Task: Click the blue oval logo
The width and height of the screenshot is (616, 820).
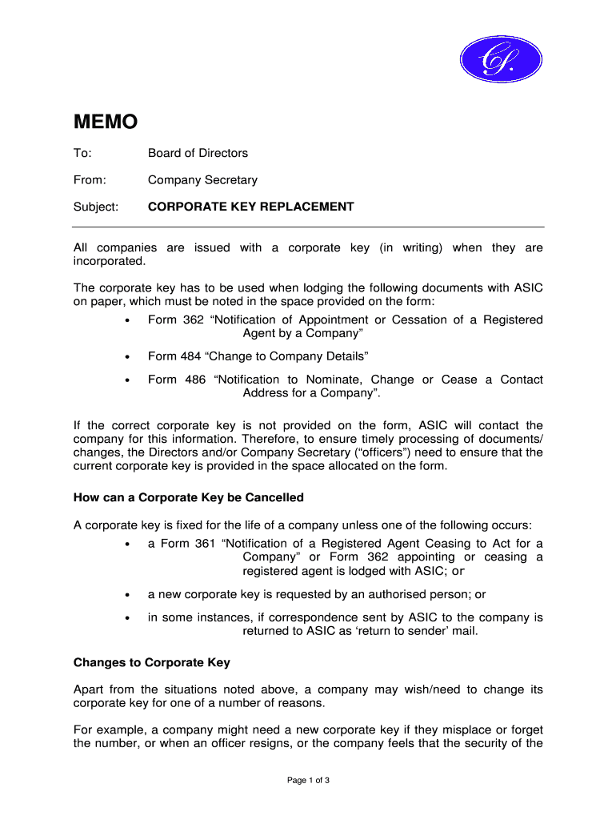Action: tap(502, 59)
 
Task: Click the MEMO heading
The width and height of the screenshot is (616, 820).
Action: tap(106, 122)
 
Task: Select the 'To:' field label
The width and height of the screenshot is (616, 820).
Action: tap(82, 153)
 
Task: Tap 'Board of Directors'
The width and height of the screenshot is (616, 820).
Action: tap(198, 153)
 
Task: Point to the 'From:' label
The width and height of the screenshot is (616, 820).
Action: tap(90, 180)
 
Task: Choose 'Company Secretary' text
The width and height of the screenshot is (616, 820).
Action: tap(202, 180)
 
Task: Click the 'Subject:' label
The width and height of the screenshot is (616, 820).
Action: tap(96, 207)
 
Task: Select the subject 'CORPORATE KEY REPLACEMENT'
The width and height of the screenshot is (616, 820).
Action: tap(250, 207)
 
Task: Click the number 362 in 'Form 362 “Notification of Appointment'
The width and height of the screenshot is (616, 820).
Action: tap(193, 320)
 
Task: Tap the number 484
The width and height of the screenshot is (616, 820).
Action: tap(193, 356)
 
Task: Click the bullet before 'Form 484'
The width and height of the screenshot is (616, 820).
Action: tap(129, 356)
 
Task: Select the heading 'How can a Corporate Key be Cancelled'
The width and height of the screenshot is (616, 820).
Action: tap(189, 497)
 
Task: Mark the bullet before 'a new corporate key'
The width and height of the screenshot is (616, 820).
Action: tap(129, 596)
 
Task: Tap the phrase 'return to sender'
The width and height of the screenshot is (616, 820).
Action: tap(386, 631)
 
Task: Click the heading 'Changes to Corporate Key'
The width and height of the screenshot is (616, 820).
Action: tap(152, 662)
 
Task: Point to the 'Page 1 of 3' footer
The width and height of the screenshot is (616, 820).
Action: tap(308, 780)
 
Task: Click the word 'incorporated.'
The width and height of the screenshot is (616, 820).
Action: tap(110, 261)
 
